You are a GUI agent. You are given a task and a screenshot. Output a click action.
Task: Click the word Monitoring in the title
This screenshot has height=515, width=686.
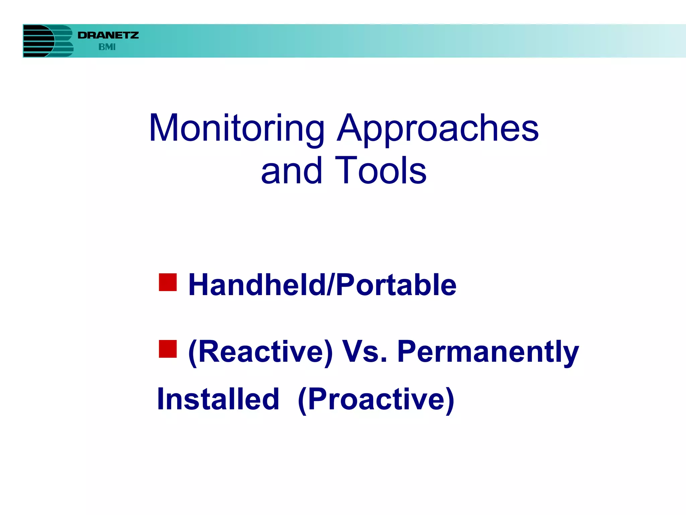pyautogui.click(x=236, y=129)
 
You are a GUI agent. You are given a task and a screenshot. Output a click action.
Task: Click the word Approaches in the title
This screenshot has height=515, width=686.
pyautogui.click(x=437, y=129)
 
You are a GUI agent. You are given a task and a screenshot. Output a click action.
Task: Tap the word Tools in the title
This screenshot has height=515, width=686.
pyautogui.click(x=381, y=171)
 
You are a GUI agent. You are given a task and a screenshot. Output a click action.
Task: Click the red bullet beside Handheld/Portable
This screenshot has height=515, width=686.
pyautogui.click(x=168, y=282)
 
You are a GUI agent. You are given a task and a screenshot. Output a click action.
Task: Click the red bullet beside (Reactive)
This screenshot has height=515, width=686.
pyautogui.click(x=168, y=349)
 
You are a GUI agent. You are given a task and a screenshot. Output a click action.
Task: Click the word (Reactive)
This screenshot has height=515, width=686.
pyautogui.click(x=261, y=352)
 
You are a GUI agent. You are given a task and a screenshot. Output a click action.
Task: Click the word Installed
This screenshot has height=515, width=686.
pyautogui.click(x=218, y=399)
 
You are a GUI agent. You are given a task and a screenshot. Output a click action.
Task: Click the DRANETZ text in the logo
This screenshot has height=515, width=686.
pyautogui.click(x=108, y=35)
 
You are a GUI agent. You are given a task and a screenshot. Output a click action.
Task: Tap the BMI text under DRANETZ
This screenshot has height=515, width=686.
pyautogui.click(x=107, y=47)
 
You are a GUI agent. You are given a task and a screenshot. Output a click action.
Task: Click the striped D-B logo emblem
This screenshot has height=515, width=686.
pyautogui.click(x=48, y=41)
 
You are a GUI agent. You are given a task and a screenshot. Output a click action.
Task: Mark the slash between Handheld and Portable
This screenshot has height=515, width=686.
pyautogui.click(x=330, y=285)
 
